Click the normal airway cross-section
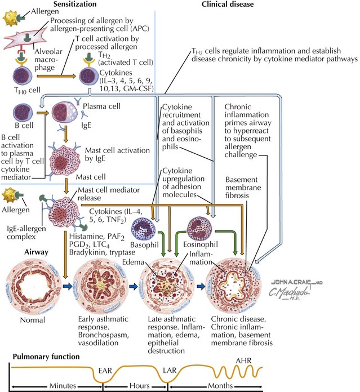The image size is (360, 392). [29, 288]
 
